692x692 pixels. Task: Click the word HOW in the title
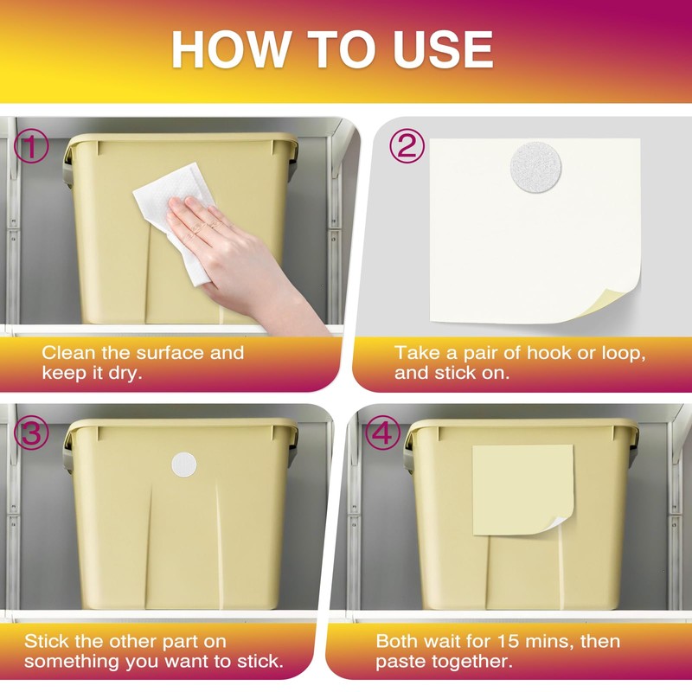[x=229, y=49]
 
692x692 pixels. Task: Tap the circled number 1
[x=31, y=147]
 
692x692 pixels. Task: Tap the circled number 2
[x=407, y=146]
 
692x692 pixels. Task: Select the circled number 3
[x=31, y=433]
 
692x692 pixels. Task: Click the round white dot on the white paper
[x=535, y=167]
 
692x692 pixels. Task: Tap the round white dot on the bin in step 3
[x=184, y=465]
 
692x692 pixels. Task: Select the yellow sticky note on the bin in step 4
[x=522, y=490]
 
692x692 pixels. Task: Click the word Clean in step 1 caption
[x=68, y=353]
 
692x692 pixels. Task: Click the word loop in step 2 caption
[x=624, y=354]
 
